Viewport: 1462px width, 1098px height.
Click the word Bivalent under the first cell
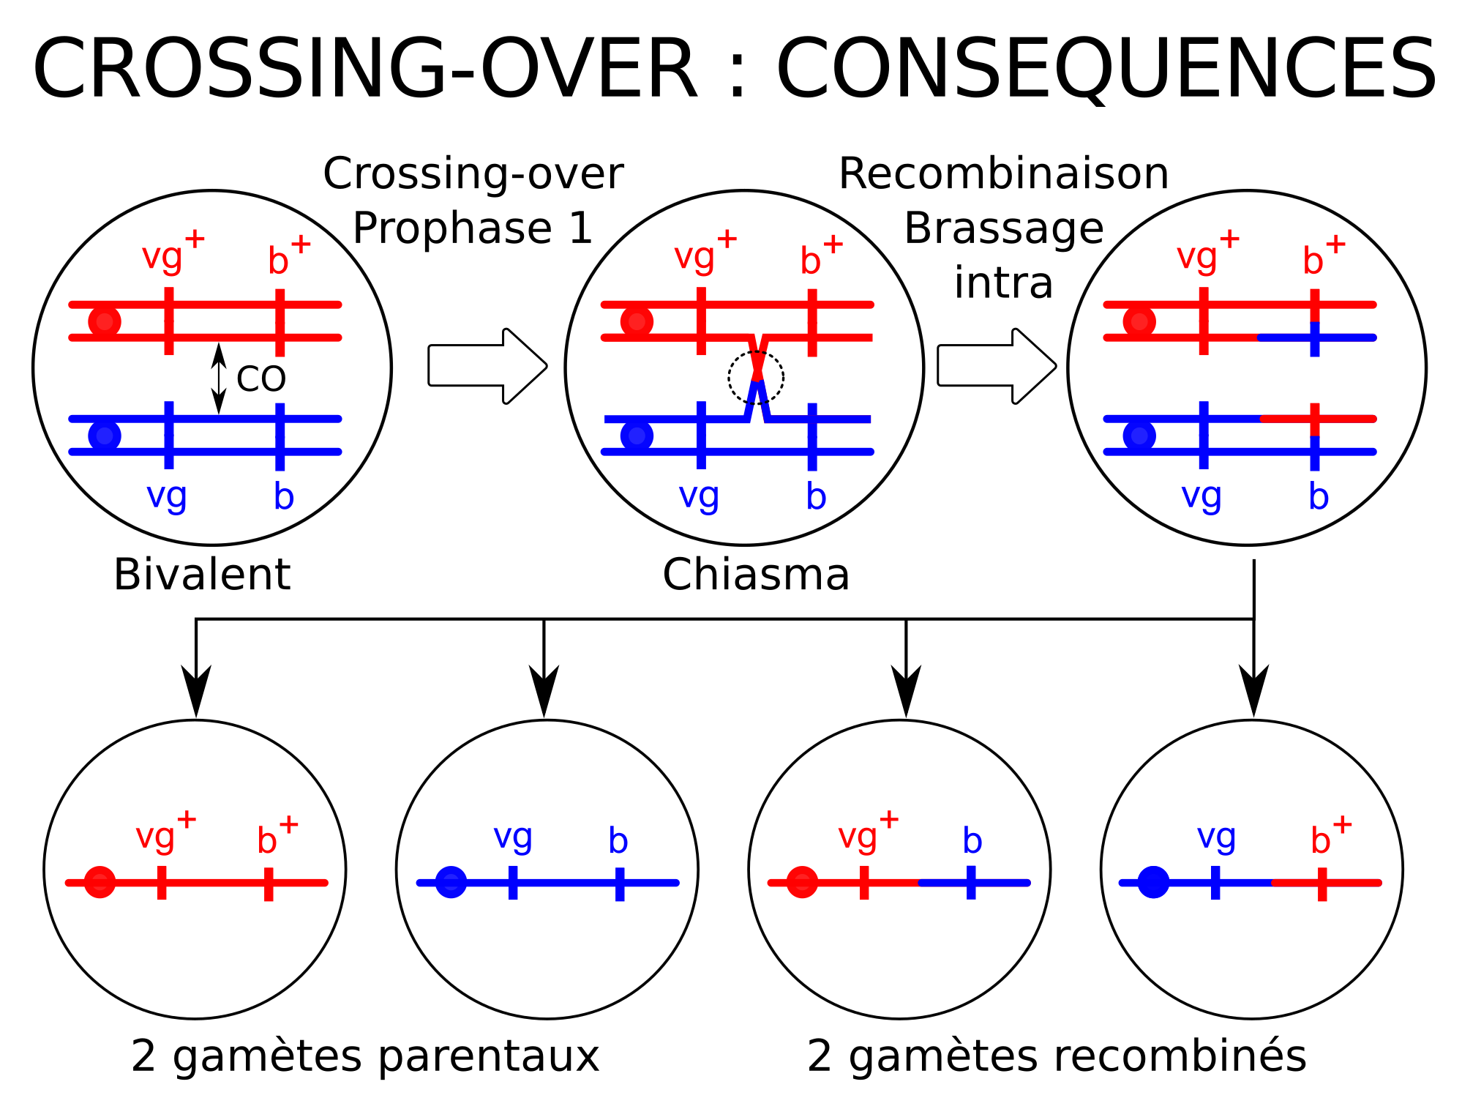(x=202, y=575)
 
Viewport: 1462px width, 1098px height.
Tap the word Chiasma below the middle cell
(x=756, y=575)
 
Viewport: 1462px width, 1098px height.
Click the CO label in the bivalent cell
(x=260, y=378)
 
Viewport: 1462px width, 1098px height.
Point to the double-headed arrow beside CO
(x=219, y=378)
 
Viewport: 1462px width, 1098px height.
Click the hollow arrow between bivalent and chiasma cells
(x=487, y=366)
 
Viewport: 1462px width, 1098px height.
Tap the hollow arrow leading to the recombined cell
(x=997, y=366)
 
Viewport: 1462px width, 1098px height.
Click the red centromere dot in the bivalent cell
(x=105, y=321)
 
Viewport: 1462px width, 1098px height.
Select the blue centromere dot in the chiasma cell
(x=637, y=436)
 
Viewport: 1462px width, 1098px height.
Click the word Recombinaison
(x=1003, y=174)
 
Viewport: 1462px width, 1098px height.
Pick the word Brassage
(x=1003, y=228)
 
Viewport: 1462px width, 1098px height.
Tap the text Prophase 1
(x=473, y=228)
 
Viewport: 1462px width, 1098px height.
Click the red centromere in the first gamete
(x=100, y=882)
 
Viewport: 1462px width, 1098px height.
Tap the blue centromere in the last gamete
(x=1153, y=882)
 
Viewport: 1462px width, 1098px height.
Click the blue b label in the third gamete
(x=972, y=840)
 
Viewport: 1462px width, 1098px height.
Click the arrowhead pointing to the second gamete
(x=544, y=691)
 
